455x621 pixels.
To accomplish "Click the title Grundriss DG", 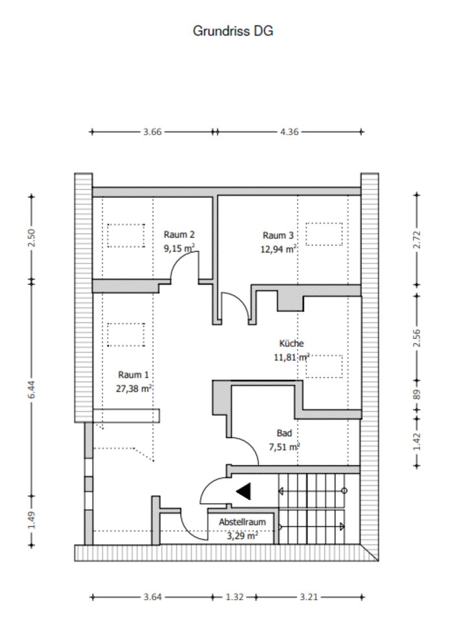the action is coord(232,31).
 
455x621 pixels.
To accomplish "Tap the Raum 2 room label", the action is coord(179,234).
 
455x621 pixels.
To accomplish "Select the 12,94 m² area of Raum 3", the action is coord(278,249).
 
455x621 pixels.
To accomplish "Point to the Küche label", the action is coord(291,343).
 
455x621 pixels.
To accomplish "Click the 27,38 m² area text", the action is coord(133,389).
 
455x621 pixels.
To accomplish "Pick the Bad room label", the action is coord(284,433).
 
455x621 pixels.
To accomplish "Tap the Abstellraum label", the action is coord(242,522).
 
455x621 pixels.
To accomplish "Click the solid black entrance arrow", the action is coord(243,492).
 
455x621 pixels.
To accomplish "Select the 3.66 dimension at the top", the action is coord(153,132).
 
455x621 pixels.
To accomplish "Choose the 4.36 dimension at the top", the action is coord(289,132).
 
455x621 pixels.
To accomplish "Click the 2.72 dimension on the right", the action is coord(417,239).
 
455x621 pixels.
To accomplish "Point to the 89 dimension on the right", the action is coord(417,395).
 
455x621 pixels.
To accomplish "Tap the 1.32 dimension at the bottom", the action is coord(235,597).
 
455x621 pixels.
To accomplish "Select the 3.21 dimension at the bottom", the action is coord(308,597).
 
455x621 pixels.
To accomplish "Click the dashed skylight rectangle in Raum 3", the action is coord(324,234).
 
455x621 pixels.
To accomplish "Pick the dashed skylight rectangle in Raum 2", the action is coord(126,235).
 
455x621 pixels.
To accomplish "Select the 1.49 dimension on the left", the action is coord(32,520).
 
